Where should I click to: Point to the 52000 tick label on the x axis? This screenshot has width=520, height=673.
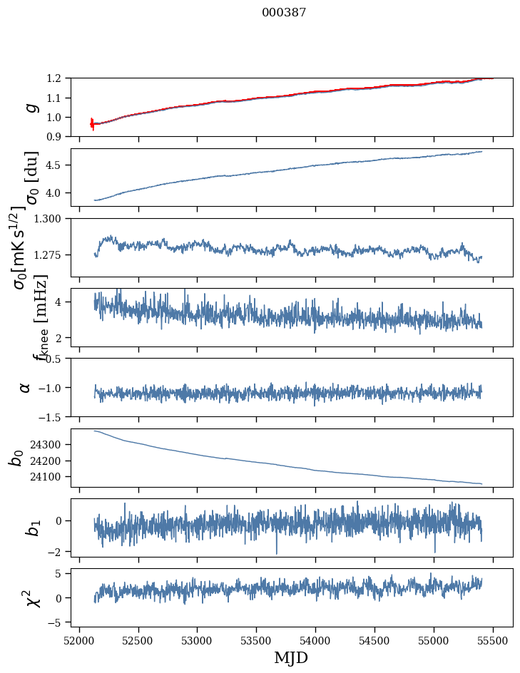coord(79,639)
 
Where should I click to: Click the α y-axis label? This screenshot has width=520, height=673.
coord(26,387)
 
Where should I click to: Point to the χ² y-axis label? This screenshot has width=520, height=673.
coord(30,597)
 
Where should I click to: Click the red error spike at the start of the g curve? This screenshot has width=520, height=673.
coord(92,124)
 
